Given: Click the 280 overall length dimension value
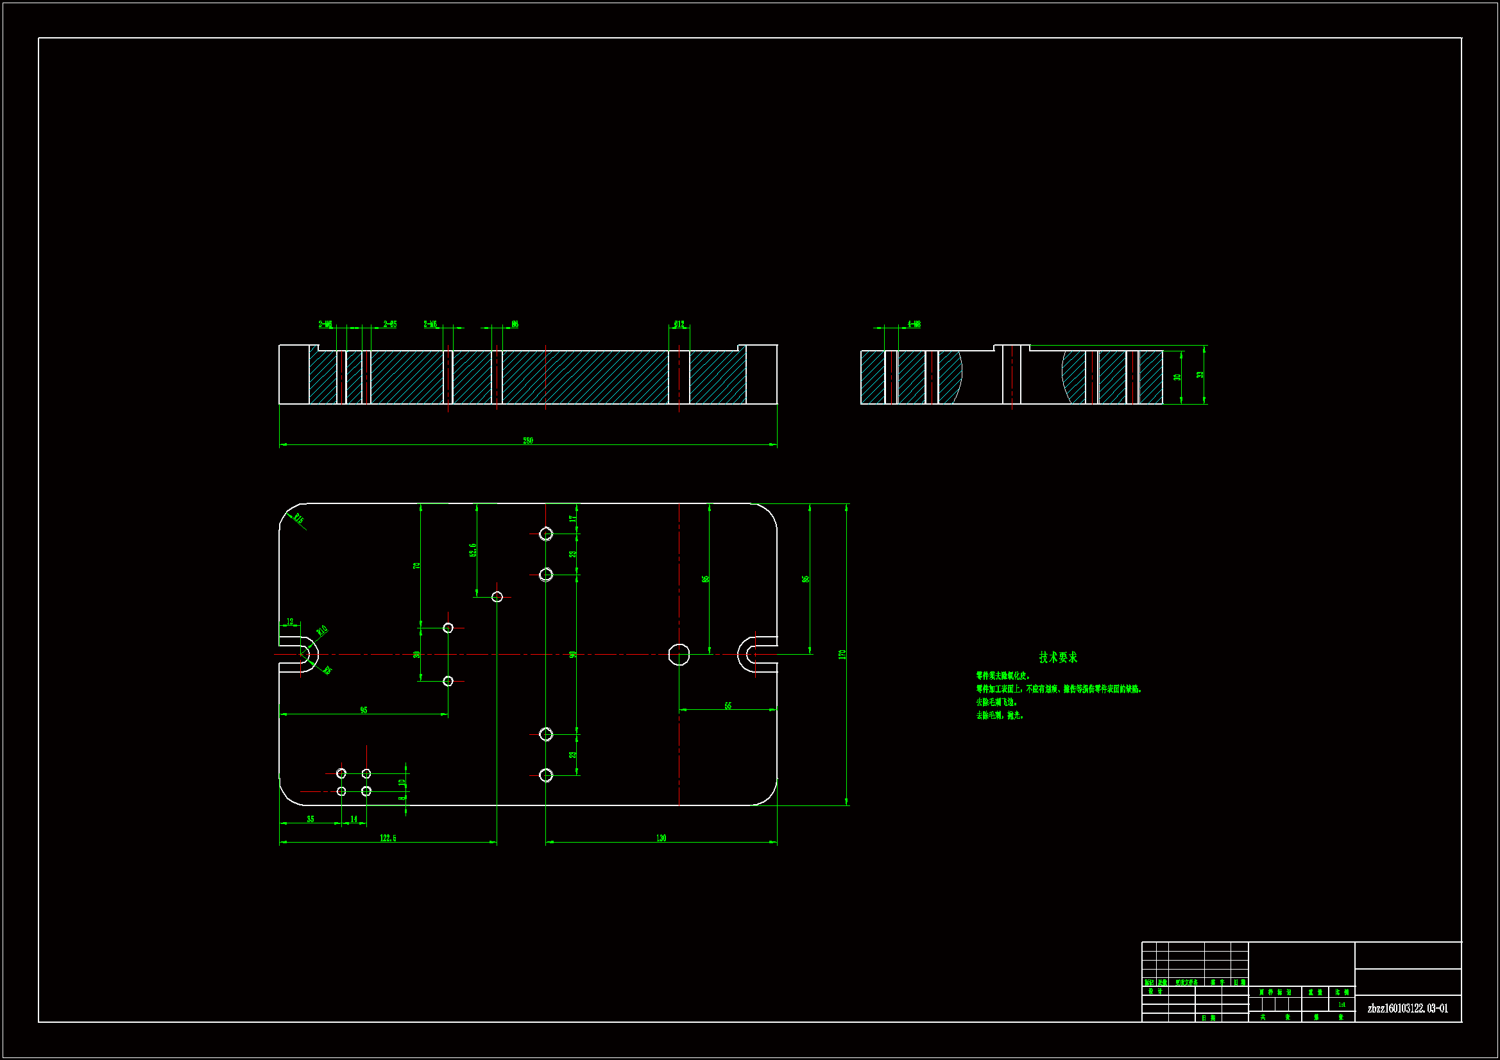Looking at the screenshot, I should pyautogui.click(x=528, y=441).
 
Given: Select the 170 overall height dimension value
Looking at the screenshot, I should pyautogui.click(x=842, y=655).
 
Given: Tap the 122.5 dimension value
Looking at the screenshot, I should pyautogui.click(x=388, y=838).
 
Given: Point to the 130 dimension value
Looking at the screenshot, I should pyautogui.click(x=661, y=838).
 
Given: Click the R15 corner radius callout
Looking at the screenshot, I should pyautogui.click(x=298, y=519).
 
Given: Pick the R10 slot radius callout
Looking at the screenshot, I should pyautogui.click(x=321, y=631).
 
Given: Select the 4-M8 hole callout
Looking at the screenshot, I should pyautogui.click(x=914, y=324).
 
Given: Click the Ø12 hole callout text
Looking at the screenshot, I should pyautogui.click(x=679, y=324).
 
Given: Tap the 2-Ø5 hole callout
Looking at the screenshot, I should pyautogui.click(x=390, y=324).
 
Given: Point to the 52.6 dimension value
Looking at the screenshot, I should pyautogui.click(x=473, y=550).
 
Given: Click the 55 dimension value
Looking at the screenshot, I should pyautogui.click(x=728, y=706).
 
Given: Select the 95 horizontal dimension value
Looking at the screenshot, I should pyautogui.click(x=364, y=710).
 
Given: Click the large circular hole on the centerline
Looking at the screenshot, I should pyautogui.click(x=679, y=655).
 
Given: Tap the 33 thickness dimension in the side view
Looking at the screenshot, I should pyautogui.click(x=1200, y=375).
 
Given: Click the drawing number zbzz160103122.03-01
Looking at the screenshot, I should pyautogui.click(x=1408, y=1009).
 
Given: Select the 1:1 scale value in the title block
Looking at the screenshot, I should pyautogui.click(x=1342, y=1005).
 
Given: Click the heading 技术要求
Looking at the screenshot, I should pyautogui.click(x=1058, y=658).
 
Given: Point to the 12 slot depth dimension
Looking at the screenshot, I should pyautogui.click(x=290, y=622).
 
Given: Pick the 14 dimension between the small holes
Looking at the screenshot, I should pyautogui.click(x=354, y=819).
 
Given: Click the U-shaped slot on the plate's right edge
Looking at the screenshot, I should pyautogui.click(x=758, y=655).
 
